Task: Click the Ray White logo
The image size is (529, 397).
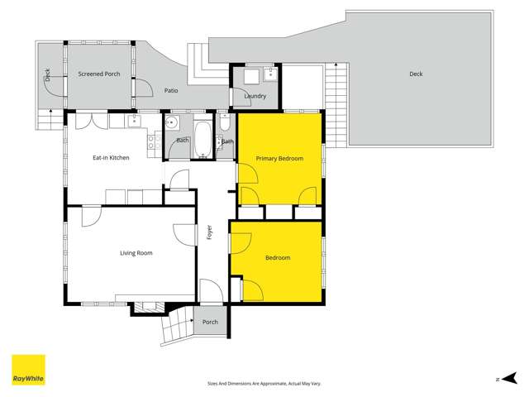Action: (x=28, y=370)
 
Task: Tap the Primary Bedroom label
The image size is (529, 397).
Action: (x=279, y=158)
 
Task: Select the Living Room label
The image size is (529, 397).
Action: (x=136, y=252)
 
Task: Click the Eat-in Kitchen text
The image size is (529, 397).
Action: (x=110, y=157)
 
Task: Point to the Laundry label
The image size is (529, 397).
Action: (x=255, y=96)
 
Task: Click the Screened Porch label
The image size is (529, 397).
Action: (x=99, y=74)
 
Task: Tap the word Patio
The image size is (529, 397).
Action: (x=171, y=90)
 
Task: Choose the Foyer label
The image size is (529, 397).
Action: (x=210, y=232)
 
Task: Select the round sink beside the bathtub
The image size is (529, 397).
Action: (x=174, y=124)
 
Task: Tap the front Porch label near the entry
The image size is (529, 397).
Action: (x=210, y=322)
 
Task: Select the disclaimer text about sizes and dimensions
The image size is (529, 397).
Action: (x=264, y=384)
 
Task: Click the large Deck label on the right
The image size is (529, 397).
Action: (x=416, y=74)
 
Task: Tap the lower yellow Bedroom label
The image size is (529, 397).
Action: (x=278, y=258)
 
